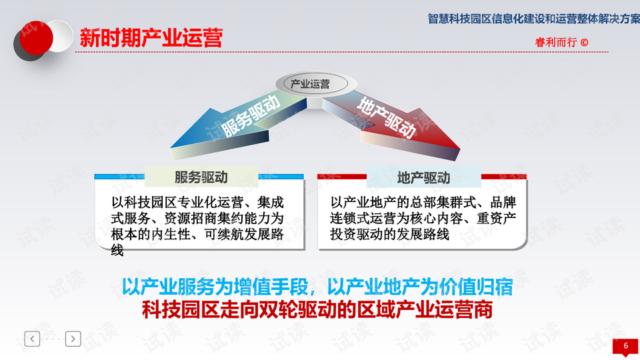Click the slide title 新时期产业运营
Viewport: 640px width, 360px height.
(151, 38)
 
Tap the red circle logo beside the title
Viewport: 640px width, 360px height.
(36, 37)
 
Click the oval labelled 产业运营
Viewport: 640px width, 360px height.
(312, 84)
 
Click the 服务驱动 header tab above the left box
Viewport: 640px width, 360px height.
(201, 177)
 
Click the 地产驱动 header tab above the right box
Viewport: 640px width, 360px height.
(424, 177)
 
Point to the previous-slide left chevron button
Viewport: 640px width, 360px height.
(32, 339)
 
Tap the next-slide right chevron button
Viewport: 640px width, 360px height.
(73, 339)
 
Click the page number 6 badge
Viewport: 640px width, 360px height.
(626, 347)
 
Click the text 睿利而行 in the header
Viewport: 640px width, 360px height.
(556, 43)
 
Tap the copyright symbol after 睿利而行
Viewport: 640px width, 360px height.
(584, 43)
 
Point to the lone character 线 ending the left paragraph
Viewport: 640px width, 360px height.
(117, 250)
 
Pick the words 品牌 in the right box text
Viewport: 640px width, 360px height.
(503, 203)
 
